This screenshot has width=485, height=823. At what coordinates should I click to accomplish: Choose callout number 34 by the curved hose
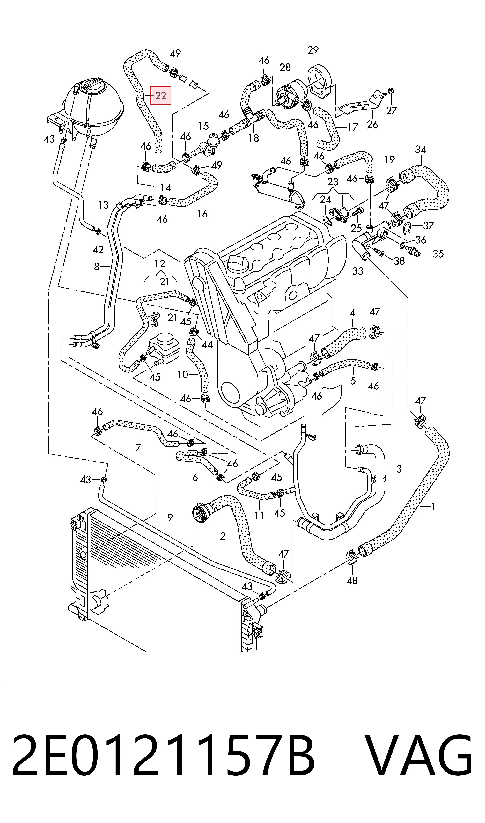pos(421,150)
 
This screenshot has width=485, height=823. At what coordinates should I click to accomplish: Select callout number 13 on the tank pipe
pos(103,205)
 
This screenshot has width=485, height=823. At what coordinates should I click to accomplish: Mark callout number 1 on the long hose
pos(433,507)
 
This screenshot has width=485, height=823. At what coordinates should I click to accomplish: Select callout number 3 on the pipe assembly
pos(399,469)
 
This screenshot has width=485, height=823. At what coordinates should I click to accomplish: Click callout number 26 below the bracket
pos(372,124)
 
